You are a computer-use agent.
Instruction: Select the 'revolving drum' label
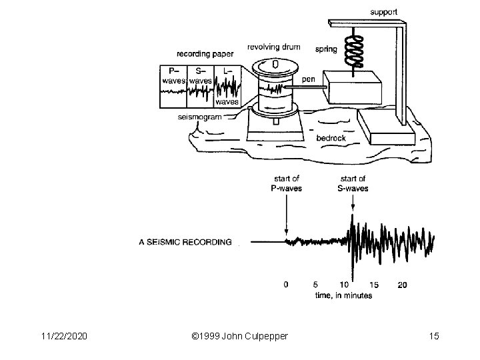(273, 47)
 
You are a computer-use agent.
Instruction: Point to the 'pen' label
(308, 79)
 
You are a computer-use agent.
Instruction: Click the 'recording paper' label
(202, 53)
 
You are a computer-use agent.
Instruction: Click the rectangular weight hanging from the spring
(351, 87)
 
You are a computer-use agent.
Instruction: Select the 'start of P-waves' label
(286, 183)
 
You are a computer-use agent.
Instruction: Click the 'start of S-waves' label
(353, 183)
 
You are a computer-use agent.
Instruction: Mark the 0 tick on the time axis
(286, 285)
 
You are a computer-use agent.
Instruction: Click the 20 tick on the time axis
(402, 285)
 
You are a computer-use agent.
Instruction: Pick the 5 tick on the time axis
(315, 285)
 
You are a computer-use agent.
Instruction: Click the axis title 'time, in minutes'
(345, 295)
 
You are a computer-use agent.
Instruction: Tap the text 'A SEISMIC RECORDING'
(185, 243)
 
